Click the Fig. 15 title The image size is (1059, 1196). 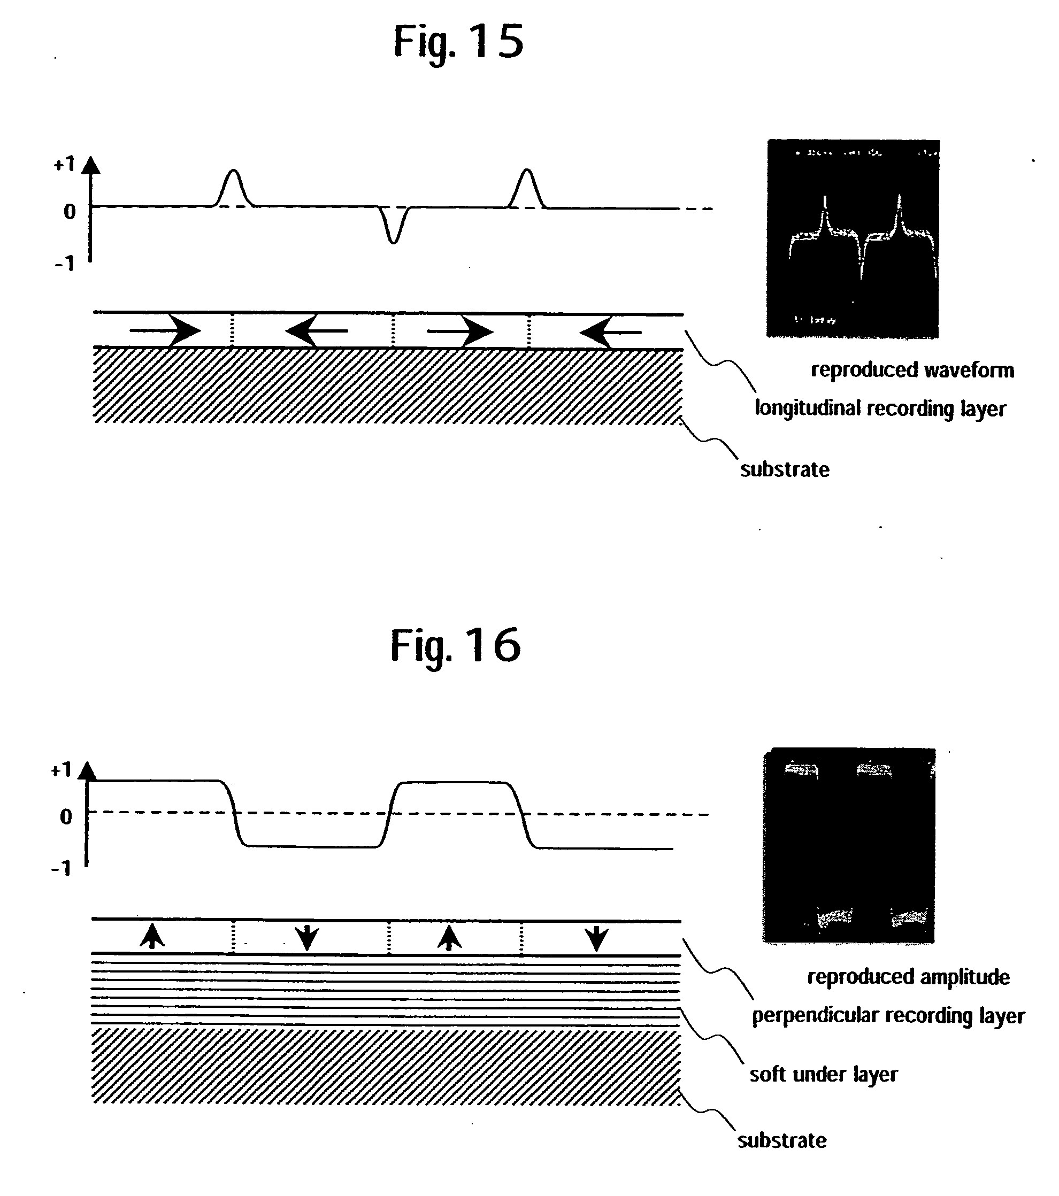click(458, 42)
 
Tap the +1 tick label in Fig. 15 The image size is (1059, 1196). click(64, 165)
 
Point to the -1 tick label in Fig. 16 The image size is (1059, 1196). click(61, 868)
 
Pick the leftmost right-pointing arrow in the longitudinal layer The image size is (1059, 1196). click(166, 331)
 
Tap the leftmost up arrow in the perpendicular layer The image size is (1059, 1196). click(152, 936)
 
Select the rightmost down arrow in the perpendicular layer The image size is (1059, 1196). click(596, 938)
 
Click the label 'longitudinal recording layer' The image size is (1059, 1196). click(880, 408)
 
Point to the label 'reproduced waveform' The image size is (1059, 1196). click(912, 371)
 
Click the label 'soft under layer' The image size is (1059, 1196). click(823, 1074)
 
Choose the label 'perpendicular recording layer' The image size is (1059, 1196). click(888, 1016)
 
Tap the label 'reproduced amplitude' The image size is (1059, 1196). click(908, 977)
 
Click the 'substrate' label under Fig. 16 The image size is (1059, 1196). click(781, 1140)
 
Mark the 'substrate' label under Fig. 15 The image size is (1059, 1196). click(785, 470)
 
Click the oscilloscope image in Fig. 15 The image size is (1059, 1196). click(853, 239)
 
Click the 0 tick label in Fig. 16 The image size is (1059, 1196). click(66, 817)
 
